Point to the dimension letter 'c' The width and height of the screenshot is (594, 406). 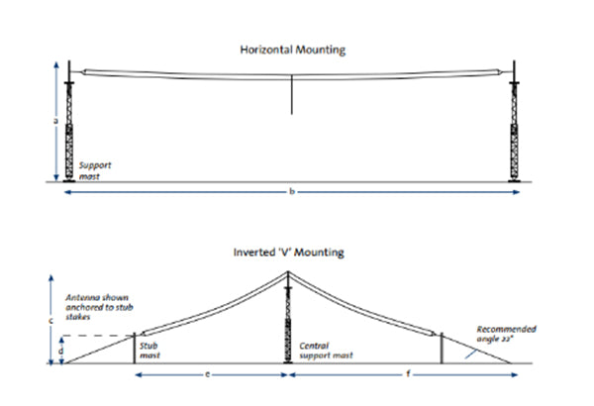[50, 319]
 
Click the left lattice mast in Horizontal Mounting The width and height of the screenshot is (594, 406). [69, 124]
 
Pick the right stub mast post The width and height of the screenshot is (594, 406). [442, 347]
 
